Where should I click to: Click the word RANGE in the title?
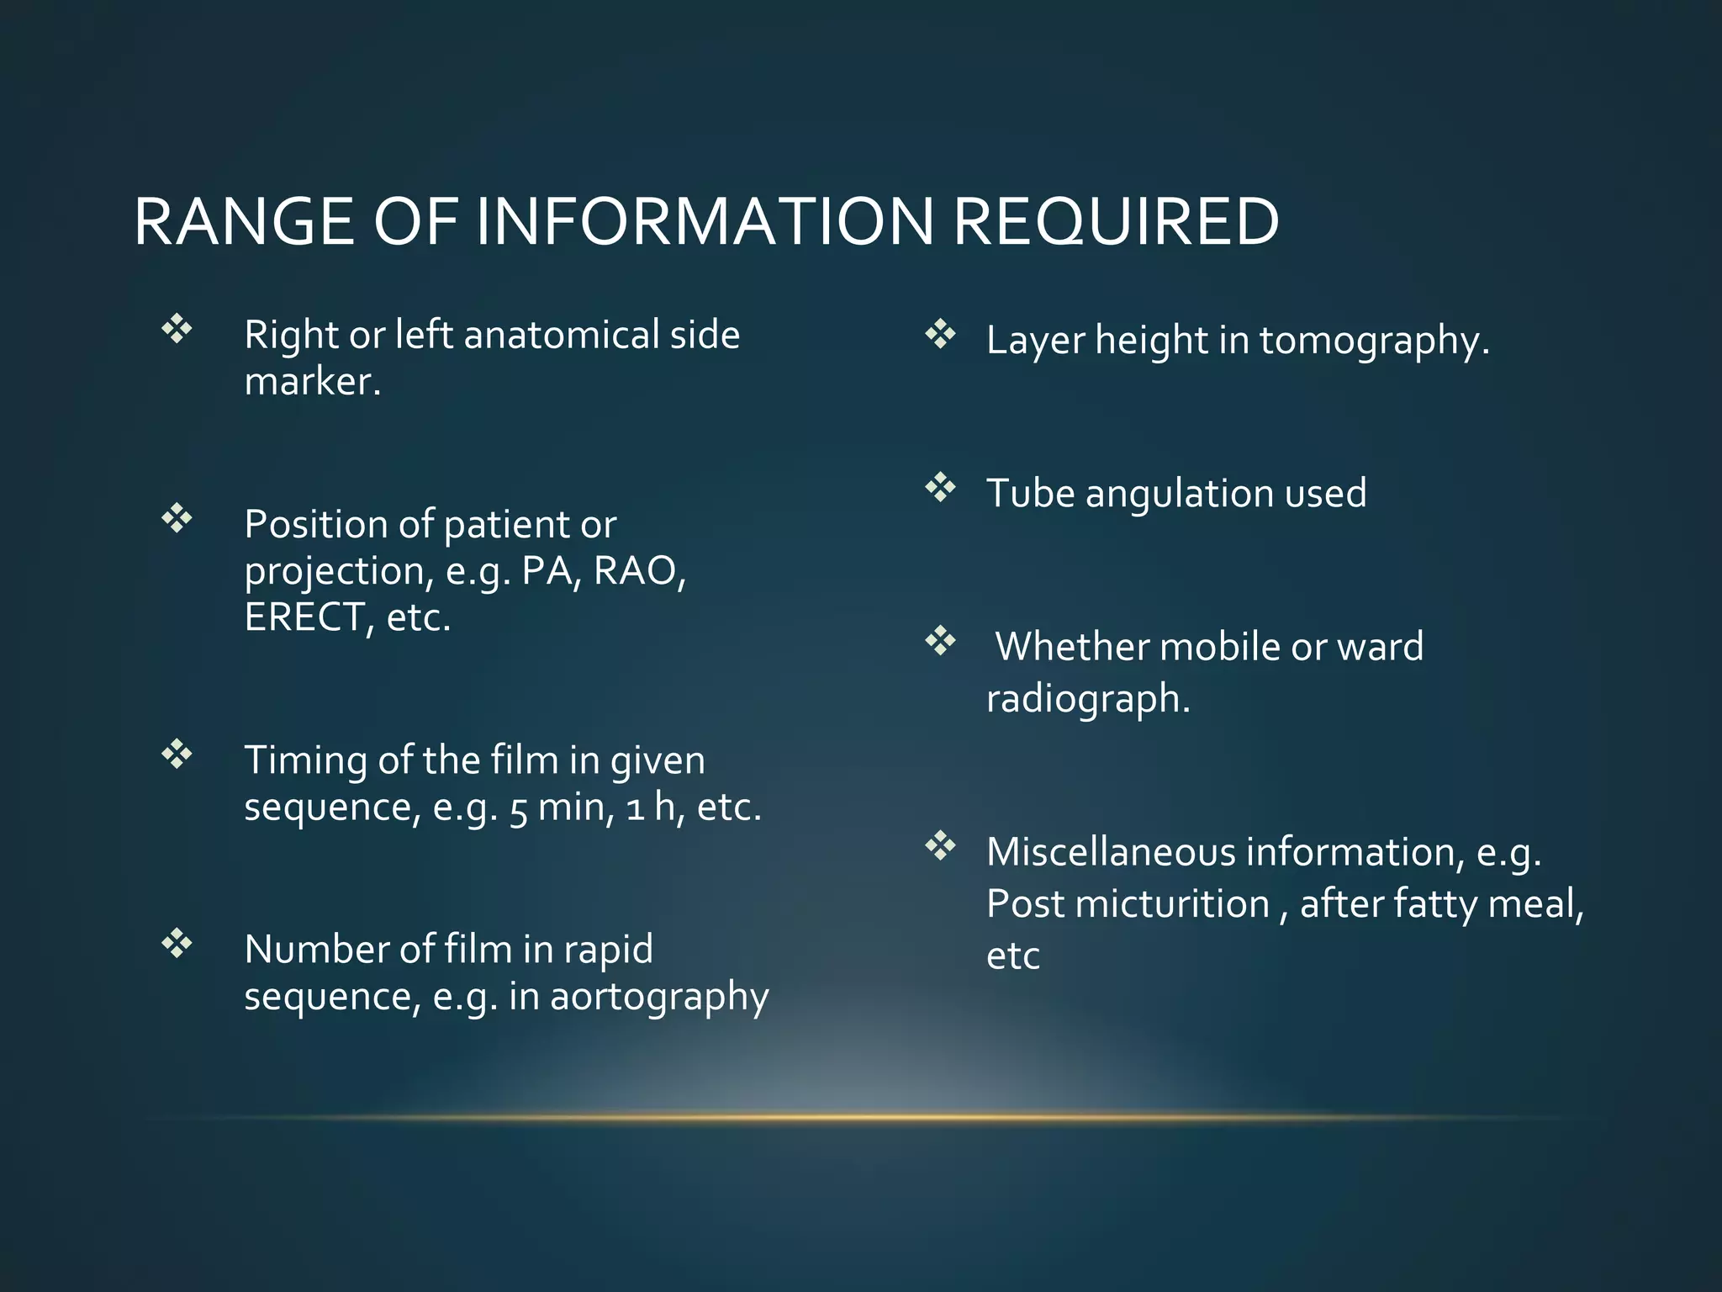pyautogui.click(x=244, y=222)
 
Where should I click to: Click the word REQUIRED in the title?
pyautogui.click(x=1116, y=222)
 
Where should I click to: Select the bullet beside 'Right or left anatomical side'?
pyautogui.click(x=177, y=329)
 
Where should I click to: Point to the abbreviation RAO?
pyautogui.click(x=638, y=571)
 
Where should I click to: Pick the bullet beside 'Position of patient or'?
pyautogui.click(x=177, y=518)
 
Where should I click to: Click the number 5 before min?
pyautogui.click(x=518, y=809)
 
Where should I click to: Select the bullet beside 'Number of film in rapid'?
pyautogui.click(x=177, y=943)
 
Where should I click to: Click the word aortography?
pyautogui.click(x=659, y=998)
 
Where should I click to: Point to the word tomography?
pyautogui.click(x=1374, y=342)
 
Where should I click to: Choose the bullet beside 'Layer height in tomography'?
pyautogui.click(x=940, y=335)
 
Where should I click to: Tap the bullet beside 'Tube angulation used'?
pyautogui.click(x=940, y=488)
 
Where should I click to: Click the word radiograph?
pyautogui.click(x=1088, y=699)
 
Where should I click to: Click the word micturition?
pyautogui.click(x=1172, y=904)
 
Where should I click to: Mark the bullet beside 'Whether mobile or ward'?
pyautogui.click(x=940, y=642)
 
